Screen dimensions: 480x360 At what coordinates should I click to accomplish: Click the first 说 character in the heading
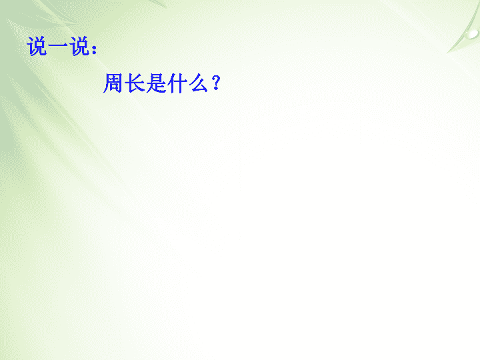(37, 46)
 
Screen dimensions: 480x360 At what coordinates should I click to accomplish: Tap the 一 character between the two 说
(59, 46)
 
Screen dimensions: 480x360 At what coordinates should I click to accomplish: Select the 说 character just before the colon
(79, 46)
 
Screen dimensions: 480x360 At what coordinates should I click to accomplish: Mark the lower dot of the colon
(94, 53)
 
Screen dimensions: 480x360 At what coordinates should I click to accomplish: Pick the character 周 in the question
(113, 83)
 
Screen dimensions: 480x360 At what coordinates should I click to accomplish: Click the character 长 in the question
(135, 83)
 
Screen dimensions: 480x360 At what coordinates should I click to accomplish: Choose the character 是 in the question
(156, 83)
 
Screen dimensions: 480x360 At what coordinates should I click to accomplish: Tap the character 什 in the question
(177, 83)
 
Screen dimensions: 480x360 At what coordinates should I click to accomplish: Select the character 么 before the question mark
(199, 83)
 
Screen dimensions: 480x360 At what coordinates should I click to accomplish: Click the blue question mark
(216, 83)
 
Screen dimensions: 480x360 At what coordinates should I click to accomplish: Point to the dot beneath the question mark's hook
(216, 89)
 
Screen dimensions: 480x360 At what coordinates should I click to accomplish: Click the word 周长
(124, 83)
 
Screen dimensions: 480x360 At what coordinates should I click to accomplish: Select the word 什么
(188, 83)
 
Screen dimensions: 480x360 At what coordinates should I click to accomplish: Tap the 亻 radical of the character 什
(171, 83)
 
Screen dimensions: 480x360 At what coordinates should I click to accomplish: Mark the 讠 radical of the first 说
(31, 47)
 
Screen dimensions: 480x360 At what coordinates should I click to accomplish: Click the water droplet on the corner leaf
(473, 34)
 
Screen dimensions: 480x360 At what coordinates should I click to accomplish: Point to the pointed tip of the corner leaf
(447, 53)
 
